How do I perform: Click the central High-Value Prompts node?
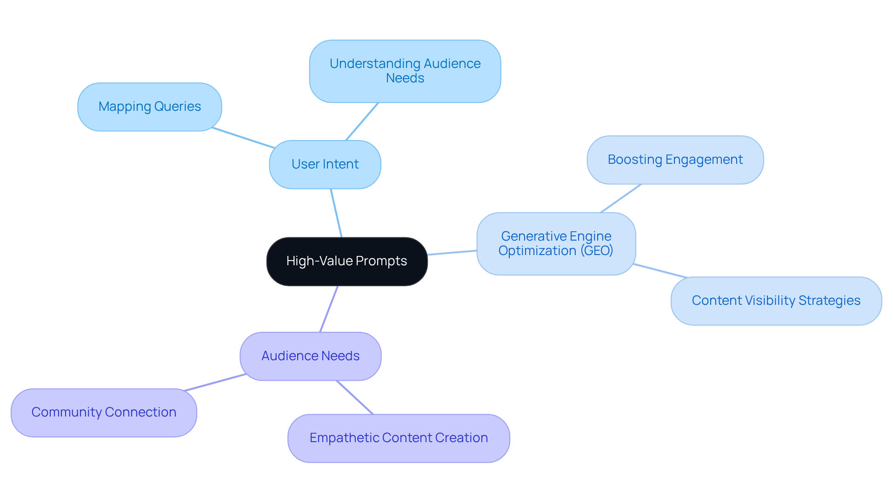(347, 261)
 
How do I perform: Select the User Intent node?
(325, 164)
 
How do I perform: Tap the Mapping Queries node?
(149, 107)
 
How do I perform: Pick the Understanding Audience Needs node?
(405, 71)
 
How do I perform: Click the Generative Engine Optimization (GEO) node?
(556, 243)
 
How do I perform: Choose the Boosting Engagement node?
(675, 160)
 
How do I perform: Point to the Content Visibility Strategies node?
(776, 301)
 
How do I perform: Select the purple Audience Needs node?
(310, 356)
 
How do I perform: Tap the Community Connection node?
(104, 412)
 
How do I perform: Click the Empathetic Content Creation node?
(399, 438)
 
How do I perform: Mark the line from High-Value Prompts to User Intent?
(336, 213)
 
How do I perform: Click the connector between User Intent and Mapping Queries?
(243, 138)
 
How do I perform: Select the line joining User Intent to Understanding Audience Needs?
(362, 121)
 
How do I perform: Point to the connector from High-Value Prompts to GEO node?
(452, 253)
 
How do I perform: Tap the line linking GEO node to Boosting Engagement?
(621, 198)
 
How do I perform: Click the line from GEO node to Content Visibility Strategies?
(660, 271)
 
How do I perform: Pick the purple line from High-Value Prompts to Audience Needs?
(329, 309)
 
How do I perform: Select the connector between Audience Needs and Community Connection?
(215, 383)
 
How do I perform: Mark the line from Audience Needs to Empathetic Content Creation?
(354, 397)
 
